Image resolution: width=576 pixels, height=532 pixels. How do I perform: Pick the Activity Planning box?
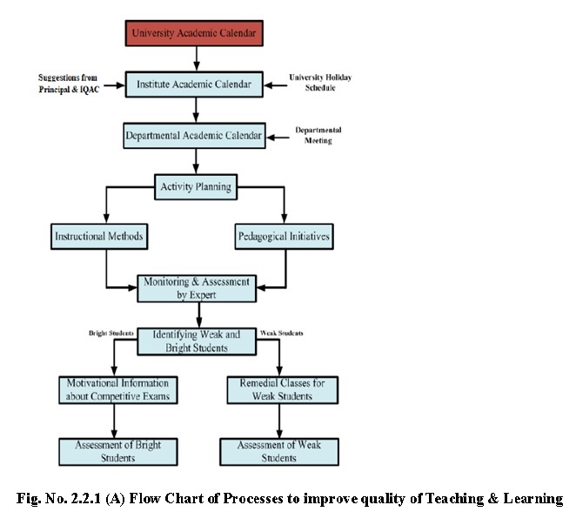[196, 185]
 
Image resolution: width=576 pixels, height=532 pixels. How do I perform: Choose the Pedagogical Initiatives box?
[285, 236]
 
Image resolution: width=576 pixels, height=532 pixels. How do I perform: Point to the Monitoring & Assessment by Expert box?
[196, 287]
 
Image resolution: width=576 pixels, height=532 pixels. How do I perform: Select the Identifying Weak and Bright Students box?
[196, 340]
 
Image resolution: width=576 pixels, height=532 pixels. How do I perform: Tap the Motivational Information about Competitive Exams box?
[118, 390]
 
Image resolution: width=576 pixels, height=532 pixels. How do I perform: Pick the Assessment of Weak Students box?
[278, 451]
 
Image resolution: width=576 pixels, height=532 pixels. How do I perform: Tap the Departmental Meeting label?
[318, 135]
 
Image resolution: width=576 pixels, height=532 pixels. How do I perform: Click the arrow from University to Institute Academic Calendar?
[196, 58]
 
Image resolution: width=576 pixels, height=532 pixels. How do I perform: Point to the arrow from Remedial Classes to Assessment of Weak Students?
[278, 421]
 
